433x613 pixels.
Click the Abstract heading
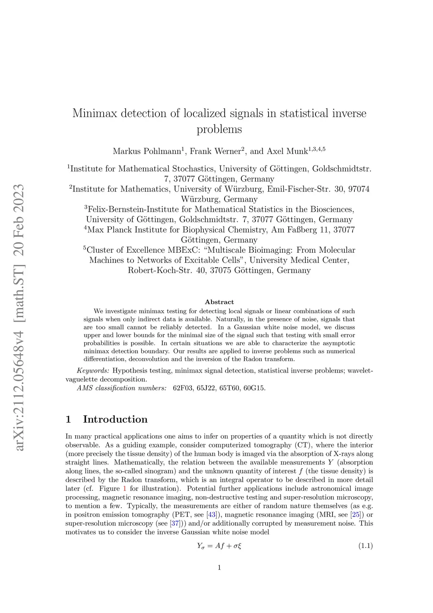click(x=219, y=302)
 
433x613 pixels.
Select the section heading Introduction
click(x=115, y=420)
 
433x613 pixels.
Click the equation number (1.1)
click(x=365, y=546)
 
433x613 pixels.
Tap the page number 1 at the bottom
click(x=219, y=567)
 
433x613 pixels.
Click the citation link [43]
click(x=211, y=515)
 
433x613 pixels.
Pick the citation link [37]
click(x=175, y=523)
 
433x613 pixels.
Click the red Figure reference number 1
click(x=124, y=489)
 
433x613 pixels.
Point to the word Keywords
click(x=93, y=371)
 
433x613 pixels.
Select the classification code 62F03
click(x=183, y=388)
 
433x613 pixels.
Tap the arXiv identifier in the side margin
click(x=20, y=373)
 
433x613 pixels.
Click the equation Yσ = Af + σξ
click(x=219, y=546)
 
